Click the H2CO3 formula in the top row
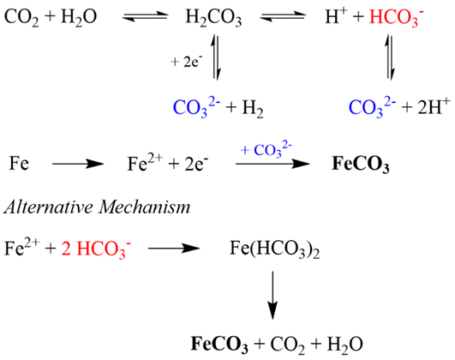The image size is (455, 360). [213, 18]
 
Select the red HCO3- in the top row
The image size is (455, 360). [397, 17]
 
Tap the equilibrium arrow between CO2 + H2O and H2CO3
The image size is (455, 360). [146, 16]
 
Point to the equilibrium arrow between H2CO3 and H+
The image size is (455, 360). [283, 16]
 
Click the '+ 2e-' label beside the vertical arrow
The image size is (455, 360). [187, 62]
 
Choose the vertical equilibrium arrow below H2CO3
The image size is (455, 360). [216, 57]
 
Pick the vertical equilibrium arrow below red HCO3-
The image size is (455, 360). [390, 57]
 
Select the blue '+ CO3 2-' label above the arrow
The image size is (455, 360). [266, 150]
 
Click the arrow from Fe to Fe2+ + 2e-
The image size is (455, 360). [78, 164]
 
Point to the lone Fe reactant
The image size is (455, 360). [19, 163]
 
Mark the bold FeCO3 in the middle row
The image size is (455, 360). [360, 165]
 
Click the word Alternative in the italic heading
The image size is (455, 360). [49, 207]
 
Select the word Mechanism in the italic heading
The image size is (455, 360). [144, 207]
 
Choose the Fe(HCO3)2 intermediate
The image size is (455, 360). [274, 249]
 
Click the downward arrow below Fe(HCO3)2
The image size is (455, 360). [272, 295]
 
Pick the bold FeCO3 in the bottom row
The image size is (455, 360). [219, 345]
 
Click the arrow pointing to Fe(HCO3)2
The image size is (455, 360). [174, 249]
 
